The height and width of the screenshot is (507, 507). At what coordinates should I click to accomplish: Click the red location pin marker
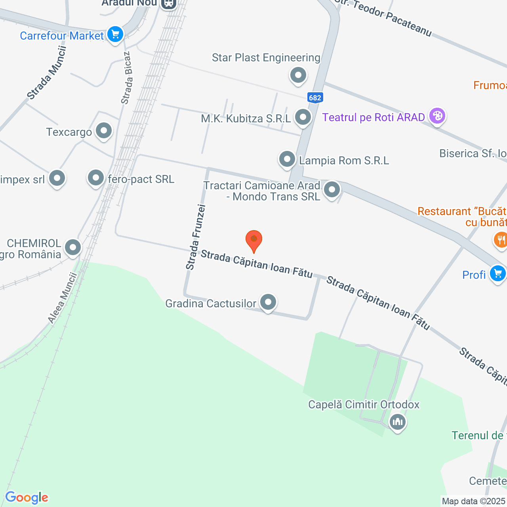point(254,240)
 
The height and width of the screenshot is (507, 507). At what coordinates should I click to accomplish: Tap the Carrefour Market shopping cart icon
point(115,34)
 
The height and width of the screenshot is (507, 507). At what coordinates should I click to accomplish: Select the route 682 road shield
point(315,97)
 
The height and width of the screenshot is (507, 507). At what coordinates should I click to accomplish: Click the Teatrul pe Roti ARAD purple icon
point(437,116)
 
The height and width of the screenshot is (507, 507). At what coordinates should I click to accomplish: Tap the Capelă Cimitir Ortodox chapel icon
point(397,421)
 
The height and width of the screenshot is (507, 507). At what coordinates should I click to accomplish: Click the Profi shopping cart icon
point(497,273)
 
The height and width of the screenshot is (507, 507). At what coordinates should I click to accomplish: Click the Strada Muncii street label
point(47,72)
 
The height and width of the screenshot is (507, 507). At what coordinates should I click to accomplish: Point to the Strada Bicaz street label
point(127,78)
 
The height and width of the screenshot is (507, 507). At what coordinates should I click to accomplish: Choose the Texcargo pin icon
point(104,130)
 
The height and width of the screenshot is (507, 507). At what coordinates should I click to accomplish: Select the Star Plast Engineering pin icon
point(298,74)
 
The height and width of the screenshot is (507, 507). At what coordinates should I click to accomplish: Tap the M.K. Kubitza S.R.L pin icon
point(303,117)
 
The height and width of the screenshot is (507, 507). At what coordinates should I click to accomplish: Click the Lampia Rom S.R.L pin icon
point(287,159)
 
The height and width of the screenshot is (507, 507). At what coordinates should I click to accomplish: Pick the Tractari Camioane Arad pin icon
point(332,190)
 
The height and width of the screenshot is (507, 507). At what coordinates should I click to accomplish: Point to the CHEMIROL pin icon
point(73,248)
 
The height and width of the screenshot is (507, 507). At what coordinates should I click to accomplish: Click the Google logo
point(27,497)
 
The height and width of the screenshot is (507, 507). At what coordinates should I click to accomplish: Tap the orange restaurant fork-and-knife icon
point(501,239)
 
